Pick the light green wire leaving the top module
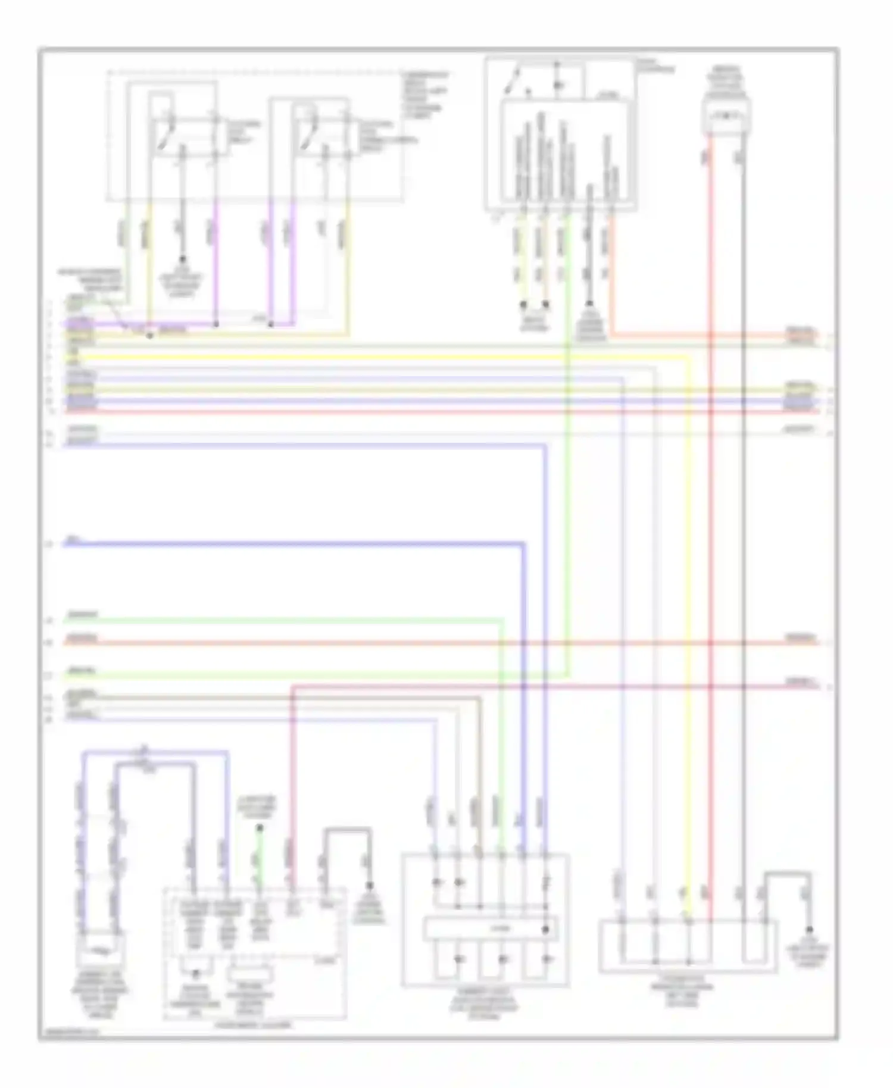[569, 476]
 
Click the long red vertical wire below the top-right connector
[710, 536]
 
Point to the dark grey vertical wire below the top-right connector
[743, 536]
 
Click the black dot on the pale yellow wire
[149, 336]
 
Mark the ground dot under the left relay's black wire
[183, 260]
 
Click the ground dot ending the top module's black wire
[589, 304]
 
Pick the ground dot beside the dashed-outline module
[369, 885]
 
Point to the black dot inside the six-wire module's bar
[545, 929]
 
